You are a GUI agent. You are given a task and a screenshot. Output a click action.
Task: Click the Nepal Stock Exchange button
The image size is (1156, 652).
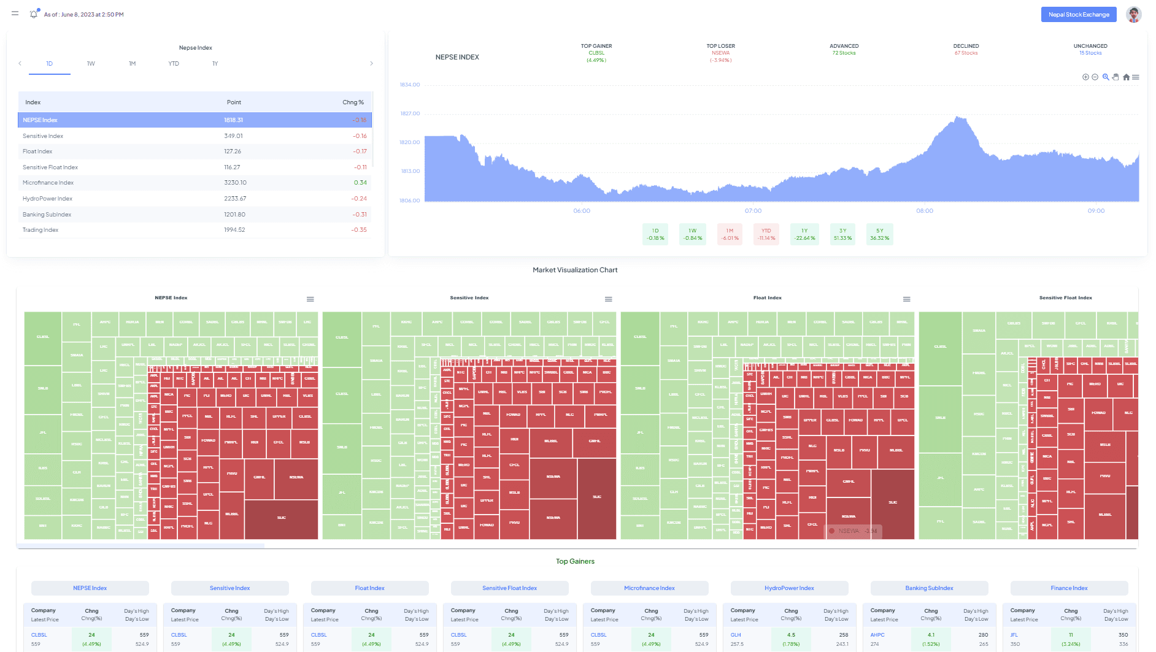click(x=1078, y=15)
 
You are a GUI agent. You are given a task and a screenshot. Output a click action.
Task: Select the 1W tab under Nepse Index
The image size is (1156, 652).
click(x=91, y=64)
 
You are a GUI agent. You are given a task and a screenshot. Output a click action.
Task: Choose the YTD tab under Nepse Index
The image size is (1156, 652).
click(x=174, y=64)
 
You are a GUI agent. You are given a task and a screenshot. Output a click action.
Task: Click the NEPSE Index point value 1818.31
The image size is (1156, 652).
click(x=233, y=120)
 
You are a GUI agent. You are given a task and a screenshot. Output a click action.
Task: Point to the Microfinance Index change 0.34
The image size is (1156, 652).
click(x=360, y=183)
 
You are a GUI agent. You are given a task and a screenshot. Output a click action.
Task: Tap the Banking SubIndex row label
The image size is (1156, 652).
click(x=47, y=215)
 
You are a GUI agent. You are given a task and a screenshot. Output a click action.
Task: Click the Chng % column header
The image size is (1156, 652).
click(x=353, y=102)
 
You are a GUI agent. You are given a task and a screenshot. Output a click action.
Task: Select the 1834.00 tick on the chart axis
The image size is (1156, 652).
click(x=410, y=85)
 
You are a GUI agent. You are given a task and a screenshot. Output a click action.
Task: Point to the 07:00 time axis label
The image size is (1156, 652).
click(x=753, y=211)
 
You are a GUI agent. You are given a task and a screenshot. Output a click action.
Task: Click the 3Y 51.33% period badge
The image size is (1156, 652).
click(x=842, y=234)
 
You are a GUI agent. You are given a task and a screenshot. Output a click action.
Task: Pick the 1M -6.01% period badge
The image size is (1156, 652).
click(x=730, y=234)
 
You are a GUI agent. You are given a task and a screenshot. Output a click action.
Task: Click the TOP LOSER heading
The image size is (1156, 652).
click(x=720, y=46)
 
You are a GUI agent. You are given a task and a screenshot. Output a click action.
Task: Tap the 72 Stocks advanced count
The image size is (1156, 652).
click(x=844, y=53)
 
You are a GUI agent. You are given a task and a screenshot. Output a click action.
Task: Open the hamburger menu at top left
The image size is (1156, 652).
click(x=15, y=13)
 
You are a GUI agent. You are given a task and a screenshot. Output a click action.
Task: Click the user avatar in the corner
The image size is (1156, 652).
click(x=1133, y=14)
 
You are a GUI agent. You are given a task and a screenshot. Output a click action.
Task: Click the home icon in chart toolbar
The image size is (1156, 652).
click(x=1126, y=77)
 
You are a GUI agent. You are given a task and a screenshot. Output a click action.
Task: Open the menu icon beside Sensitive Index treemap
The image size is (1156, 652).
click(x=608, y=299)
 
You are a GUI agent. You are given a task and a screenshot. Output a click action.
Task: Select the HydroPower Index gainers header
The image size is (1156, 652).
click(x=789, y=588)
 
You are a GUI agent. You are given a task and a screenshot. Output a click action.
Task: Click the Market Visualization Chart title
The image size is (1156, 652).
click(x=575, y=270)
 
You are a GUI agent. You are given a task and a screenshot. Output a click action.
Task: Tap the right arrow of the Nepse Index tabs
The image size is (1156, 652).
click(x=371, y=64)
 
